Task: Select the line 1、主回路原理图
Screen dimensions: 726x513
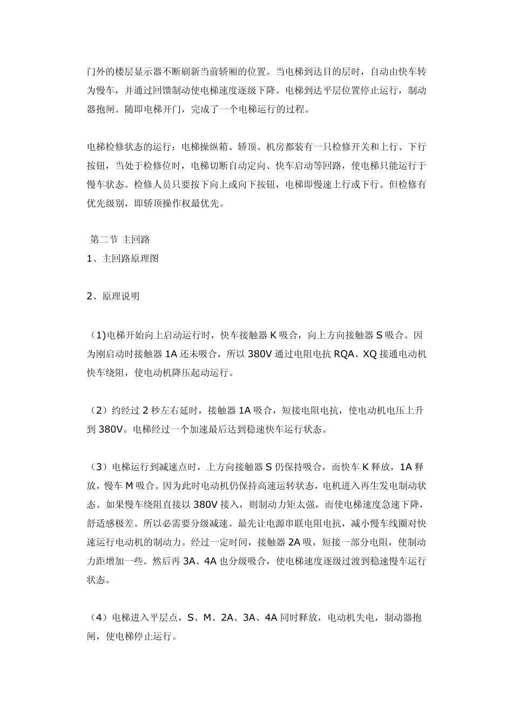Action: [123, 258]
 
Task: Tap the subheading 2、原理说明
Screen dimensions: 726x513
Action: [113, 296]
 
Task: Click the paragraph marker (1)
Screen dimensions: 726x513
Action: [97, 335]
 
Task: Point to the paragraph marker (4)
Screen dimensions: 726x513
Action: [97, 617]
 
